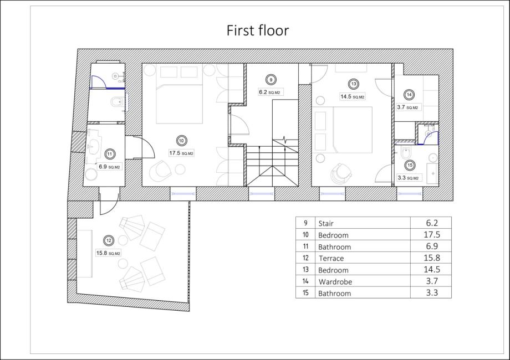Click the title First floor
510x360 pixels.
[258, 30]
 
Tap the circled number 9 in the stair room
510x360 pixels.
[271, 79]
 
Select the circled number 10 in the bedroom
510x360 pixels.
[181, 141]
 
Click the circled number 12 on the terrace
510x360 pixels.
[109, 240]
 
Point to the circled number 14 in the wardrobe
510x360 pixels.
[409, 95]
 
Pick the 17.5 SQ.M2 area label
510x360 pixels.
[181, 153]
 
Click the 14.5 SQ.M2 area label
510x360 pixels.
[352, 96]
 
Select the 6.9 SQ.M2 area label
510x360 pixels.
[110, 167]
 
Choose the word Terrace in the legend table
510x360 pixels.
[331, 258]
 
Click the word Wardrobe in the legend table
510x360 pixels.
[335, 282]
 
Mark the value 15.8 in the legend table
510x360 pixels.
[432, 258]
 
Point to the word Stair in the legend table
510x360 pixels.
[326, 223]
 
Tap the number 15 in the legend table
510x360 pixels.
[305, 293]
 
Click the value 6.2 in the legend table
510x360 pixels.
[432, 223]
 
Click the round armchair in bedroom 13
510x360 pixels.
[341, 173]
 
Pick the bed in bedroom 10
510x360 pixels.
[179, 104]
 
